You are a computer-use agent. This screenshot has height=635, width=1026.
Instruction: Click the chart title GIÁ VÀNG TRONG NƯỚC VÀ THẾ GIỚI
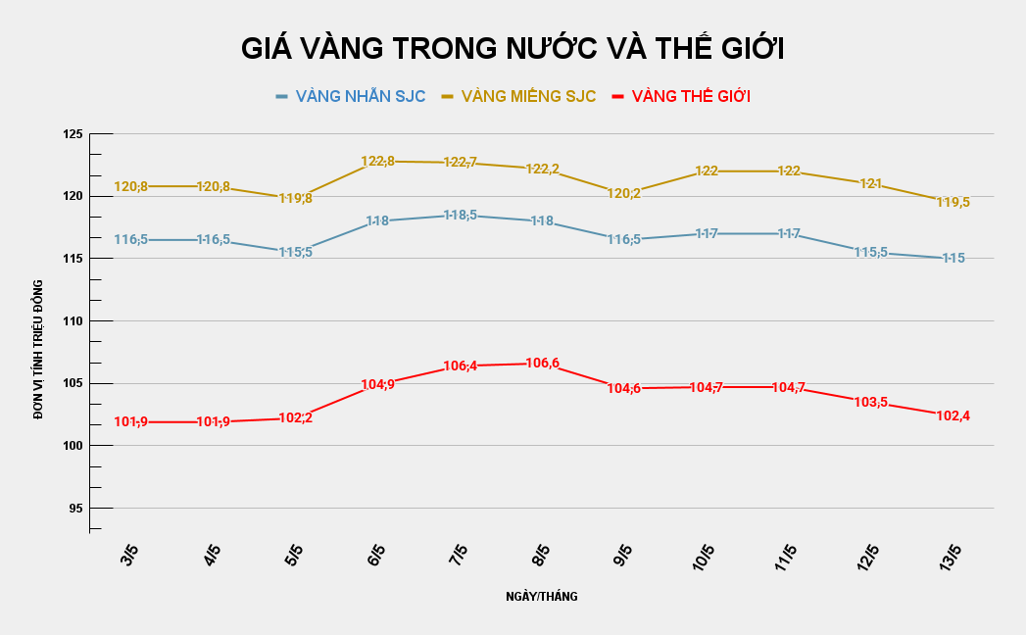click(x=513, y=49)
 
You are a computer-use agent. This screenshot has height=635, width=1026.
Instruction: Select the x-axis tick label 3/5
click(x=129, y=559)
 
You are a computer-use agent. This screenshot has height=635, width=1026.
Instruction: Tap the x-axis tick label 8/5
click(x=540, y=559)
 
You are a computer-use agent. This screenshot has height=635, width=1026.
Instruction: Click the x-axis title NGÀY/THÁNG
click(x=542, y=596)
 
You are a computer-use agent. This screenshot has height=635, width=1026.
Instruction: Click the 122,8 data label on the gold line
click(x=378, y=161)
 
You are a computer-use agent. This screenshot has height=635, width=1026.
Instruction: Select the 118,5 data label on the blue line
click(x=461, y=215)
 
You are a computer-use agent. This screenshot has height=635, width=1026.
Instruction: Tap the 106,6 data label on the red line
click(x=543, y=364)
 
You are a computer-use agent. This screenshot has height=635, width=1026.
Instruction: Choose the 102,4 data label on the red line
click(x=953, y=415)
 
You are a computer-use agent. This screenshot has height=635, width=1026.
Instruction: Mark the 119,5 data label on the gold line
click(x=953, y=202)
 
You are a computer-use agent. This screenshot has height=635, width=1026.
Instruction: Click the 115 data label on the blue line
click(x=953, y=258)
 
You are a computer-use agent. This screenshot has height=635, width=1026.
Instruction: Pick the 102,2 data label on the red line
click(x=296, y=417)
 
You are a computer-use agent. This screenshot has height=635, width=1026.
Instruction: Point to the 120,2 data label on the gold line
click(x=624, y=193)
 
